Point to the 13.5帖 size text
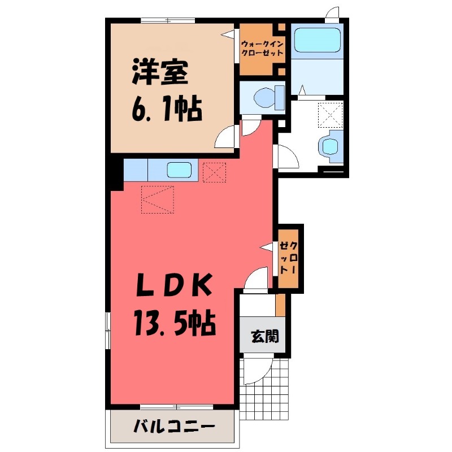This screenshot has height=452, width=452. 173,324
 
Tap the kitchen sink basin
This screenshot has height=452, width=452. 180,169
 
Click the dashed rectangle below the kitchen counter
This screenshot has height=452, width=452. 158,199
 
